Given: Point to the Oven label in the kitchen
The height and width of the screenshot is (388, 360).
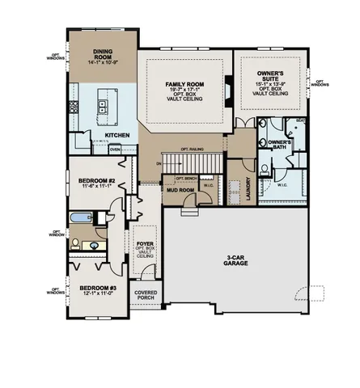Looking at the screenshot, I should (115, 150).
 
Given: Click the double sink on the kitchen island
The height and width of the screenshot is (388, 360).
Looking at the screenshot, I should (103, 104).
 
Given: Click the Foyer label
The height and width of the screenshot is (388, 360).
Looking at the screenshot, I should (145, 241).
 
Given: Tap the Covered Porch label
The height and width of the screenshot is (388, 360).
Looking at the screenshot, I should (146, 296).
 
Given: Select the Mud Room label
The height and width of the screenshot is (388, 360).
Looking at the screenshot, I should (180, 190).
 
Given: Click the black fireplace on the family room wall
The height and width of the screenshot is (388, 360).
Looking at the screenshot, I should (227, 86).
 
